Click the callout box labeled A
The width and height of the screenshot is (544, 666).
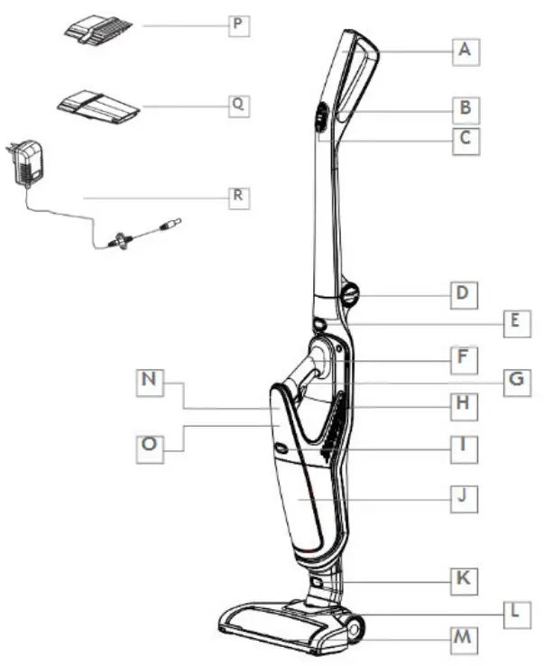[x=464, y=51]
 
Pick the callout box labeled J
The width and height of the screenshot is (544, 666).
[x=465, y=496]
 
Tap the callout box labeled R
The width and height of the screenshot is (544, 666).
[x=238, y=198]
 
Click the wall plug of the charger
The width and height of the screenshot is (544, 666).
[x=27, y=163]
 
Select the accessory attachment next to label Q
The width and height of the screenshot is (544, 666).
[x=98, y=106]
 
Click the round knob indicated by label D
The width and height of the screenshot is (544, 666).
[x=349, y=294]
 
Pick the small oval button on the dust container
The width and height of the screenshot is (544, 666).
[x=281, y=447]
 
